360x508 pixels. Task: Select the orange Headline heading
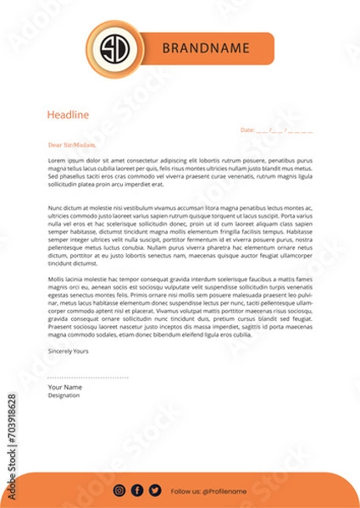point(68,115)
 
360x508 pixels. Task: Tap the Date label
point(246,130)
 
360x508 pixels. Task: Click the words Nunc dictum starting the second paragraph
point(65,207)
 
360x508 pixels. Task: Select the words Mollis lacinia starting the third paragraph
point(68,279)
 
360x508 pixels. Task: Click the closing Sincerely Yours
point(69,349)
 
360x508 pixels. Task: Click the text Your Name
point(65,387)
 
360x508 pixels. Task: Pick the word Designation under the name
point(64,395)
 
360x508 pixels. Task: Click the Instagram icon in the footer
point(119,490)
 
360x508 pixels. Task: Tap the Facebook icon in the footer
point(137,490)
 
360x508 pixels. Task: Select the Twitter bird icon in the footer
point(154,490)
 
